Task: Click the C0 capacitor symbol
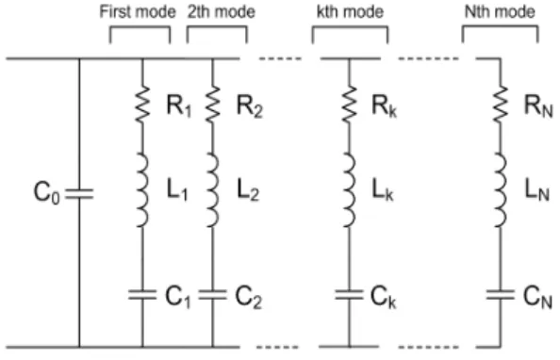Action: tap(79, 194)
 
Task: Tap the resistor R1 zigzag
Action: tap(142, 104)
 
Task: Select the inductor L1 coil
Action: tap(142, 190)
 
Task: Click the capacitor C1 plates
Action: tap(142, 295)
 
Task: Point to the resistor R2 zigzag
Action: tap(213, 104)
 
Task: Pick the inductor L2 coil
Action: tap(213, 190)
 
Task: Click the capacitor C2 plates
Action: tap(213, 295)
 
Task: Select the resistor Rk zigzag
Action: tap(349, 104)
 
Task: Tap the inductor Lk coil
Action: tap(350, 190)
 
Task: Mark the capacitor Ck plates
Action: tap(349, 295)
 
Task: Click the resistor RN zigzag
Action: tap(501, 104)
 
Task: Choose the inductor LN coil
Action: tap(501, 190)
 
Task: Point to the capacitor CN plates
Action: tap(501, 295)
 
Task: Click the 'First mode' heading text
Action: tap(138, 12)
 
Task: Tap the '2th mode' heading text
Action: tap(222, 12)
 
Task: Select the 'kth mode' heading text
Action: tap(350, 12)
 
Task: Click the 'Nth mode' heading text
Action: tap(500, 12)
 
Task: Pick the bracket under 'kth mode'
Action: tap(350, 26)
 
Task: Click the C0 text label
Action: tap(47, 193)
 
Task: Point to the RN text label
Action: tap(538, 106)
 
